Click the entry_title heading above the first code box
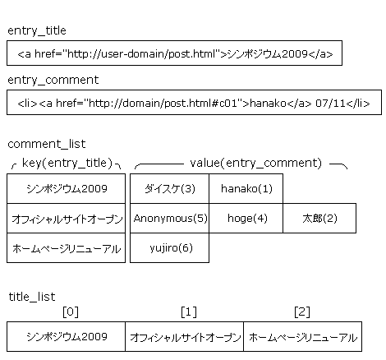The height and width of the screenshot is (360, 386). pos(37,30)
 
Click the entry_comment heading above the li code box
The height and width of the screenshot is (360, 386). pos(53,80)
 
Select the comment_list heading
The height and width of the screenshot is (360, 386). pos(47,144)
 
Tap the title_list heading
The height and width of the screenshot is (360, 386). pos(32,297)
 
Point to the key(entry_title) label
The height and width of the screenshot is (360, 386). pos(67,163)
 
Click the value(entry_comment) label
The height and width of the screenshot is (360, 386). pos(256,163)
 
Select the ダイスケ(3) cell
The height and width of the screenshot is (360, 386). pos(169,188)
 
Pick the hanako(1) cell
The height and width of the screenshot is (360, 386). pos(246,188)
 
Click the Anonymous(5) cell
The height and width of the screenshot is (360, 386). pos(169,219)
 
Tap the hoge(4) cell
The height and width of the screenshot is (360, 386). pos(246,219)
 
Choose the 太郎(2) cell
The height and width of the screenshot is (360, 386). pos(319,219)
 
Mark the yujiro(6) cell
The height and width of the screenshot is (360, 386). pos(169,248)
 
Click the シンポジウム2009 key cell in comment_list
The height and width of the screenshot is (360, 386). pos(66,188)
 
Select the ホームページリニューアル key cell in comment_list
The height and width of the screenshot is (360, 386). pos(66,248)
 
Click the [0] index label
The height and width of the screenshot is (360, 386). pos(71,312)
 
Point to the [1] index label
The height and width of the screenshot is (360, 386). pos(189,312)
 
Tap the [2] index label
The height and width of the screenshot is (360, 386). pos(302,312)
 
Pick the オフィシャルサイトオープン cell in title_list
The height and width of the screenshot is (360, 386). pos(184,337)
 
